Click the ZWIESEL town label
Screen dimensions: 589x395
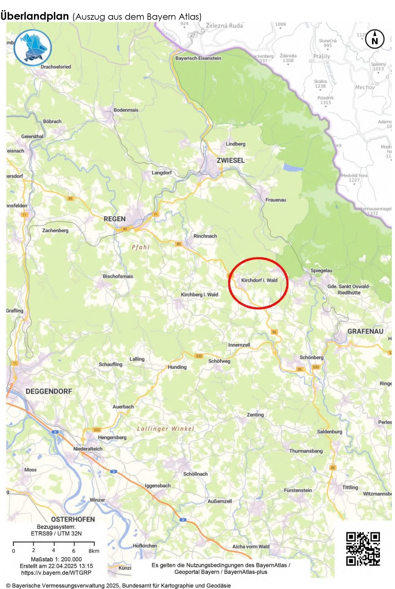click(x=230, y=160)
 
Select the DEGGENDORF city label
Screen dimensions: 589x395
click(x=49, y=391)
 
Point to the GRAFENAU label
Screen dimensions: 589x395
click(x=365, y=331)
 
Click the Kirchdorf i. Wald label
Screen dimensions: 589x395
click(x=259, y=280)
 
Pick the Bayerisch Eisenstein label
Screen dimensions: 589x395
click(x=198, y=58)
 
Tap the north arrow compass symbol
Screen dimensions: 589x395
click(x=375, y=39)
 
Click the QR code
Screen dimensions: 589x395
click(x=363, y=548)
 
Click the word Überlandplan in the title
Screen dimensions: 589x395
click(x=35, y=16)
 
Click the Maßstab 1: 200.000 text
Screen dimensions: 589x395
click(x=56, y=559)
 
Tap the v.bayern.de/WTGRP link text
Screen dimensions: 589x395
click(x=56, y=573)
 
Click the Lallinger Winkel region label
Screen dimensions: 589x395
click(x=166, y=429)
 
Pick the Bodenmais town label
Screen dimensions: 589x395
click(x=126, y=110)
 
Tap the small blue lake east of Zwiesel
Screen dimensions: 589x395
click(x=293, y=167)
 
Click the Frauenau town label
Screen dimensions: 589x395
click(x=276, y=200)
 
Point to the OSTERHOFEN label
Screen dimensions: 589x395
click(x=73, y=519)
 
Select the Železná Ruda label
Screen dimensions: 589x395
click(x=224, y=26)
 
